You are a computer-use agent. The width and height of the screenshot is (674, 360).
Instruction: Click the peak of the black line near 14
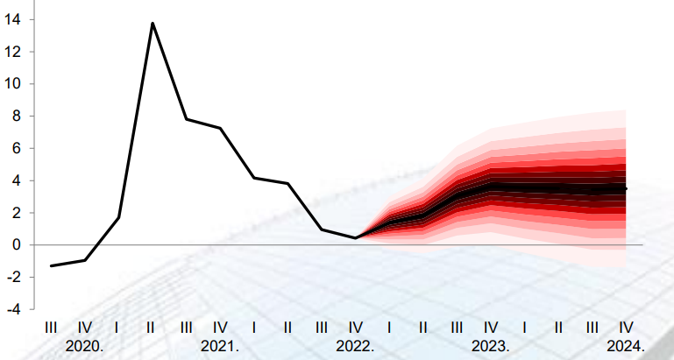point(153,23)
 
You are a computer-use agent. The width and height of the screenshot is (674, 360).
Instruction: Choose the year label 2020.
point(85,346)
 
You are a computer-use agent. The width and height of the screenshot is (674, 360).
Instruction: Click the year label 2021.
point(220,346)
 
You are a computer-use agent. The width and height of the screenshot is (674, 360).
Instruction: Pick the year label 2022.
point(355,346)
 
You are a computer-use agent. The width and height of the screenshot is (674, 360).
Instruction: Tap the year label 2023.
point(490,346)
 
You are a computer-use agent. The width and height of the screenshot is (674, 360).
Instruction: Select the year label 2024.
point(626,346)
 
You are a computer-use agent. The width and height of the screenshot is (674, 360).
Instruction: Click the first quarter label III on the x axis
point(51,328)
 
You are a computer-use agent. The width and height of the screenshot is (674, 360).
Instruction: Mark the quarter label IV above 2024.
point(626,328)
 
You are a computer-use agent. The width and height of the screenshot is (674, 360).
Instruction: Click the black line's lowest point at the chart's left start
point(51,265)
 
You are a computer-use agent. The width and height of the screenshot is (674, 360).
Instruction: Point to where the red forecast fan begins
point(356,237)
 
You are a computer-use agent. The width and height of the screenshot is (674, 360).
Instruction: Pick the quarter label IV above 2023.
point(490,328)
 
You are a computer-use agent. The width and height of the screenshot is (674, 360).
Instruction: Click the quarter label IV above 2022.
point(355,328)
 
